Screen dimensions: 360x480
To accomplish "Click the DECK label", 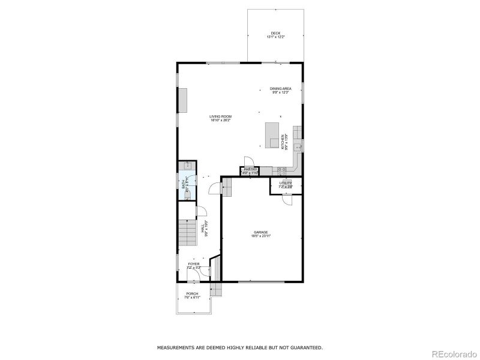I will pyautogui.click(x=275, y=33).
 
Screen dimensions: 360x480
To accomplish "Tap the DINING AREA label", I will pyautogui.click(x=281, y=89).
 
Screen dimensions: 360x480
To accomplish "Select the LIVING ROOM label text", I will pyautogui.click(x=220, y=116).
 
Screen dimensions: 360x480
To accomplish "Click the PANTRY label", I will pyautogui.click(x=250, y=170).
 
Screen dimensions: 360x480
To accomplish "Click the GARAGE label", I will pyautogui.click(x=260, y=232).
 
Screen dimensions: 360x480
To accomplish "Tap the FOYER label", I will pyautogui.click(x=194, y=264).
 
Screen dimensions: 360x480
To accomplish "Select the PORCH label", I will pyautogui.click(x=192, y=293).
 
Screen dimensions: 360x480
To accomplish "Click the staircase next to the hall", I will pyautogui.click(x=188, y=231).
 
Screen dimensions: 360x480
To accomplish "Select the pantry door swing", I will pyautogui.click(x=248, y=160).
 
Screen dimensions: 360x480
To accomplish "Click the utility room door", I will pyautogui.click(x=287, y=200).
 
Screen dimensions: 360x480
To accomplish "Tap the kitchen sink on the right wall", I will pyautogui.click(x=299, y=145).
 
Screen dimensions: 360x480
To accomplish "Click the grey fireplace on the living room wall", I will pyautogui.click(x=184, y=100).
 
